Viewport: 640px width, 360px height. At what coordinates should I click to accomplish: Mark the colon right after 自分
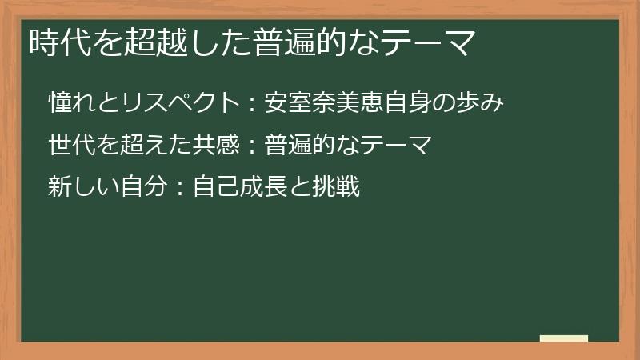[x=181, y=189]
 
